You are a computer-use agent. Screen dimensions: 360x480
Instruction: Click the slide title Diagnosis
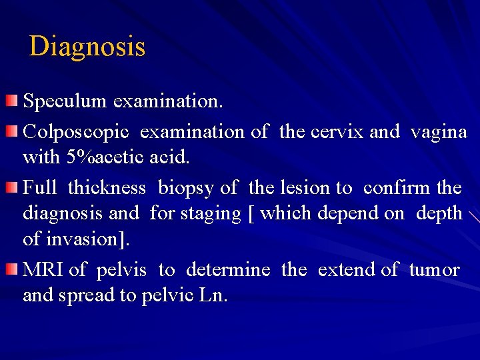[87, 47]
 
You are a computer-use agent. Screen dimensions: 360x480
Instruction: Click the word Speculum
[65, 101]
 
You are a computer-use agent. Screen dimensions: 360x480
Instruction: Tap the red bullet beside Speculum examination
[12, 101]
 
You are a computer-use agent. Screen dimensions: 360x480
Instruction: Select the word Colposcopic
[76, 131]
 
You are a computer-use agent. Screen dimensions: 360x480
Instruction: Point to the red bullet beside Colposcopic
[12, 131]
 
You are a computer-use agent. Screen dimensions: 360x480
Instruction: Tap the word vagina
[439, 131]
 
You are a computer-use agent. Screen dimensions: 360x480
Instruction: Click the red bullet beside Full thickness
[12, 187]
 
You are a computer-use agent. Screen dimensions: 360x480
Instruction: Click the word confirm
[397, 188]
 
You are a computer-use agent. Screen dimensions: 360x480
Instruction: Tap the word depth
[439, 214]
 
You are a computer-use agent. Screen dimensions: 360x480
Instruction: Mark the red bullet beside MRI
[12, 269]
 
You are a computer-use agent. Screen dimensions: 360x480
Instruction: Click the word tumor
[434, 269]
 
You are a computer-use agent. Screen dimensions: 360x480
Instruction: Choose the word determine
[228, 269]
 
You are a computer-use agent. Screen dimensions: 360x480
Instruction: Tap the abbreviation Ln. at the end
[215, 295]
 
